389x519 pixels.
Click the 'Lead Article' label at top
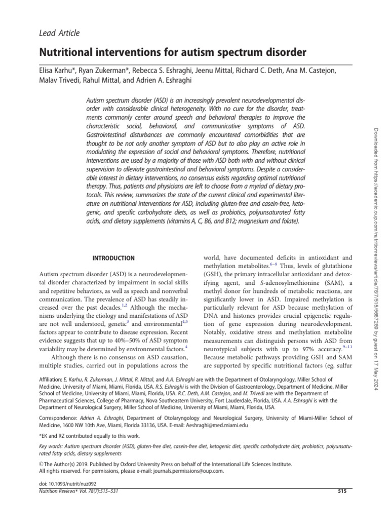pyautogui.click(x=59, y=33)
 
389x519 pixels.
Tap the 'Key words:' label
pyautogui.click(x=53, y=447)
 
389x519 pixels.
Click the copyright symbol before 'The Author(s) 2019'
pyautogui.click(x=42, y=464)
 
